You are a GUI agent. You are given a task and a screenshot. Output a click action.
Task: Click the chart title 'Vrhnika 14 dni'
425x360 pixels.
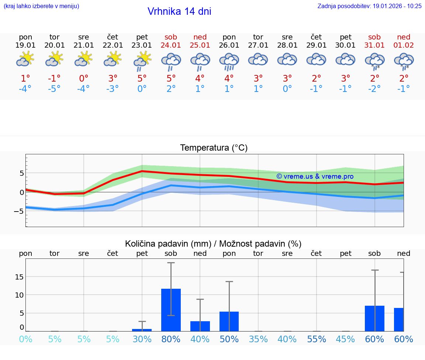coord(179,11)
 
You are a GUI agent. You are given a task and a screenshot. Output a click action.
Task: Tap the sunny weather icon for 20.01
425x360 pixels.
coord(55,59)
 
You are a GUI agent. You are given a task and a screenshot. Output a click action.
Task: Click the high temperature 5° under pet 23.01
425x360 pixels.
coord(142,78)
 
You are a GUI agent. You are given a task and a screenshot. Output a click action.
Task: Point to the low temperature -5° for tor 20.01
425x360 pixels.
coord(55,89)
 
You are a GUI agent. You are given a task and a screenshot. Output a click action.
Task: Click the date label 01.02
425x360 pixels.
coord(404,45)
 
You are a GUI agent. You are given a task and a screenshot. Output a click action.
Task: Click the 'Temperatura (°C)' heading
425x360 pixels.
coord(214,148)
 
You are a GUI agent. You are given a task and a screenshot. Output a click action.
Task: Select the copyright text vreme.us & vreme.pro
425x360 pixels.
coord(315,176)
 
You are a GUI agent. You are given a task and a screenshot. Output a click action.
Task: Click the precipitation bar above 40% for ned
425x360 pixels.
coord(200,326)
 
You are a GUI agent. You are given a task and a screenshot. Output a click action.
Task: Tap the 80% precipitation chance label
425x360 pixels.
coord(171,339)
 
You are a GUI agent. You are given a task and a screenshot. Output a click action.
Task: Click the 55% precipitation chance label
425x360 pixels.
coord(317,339)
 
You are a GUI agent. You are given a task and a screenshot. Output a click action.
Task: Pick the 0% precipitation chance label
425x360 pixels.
coord(25,339)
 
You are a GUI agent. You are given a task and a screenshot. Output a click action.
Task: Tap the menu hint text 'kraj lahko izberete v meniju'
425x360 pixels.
coord(41,6)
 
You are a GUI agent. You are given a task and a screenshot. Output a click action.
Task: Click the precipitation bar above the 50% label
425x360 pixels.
coord(229,321)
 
